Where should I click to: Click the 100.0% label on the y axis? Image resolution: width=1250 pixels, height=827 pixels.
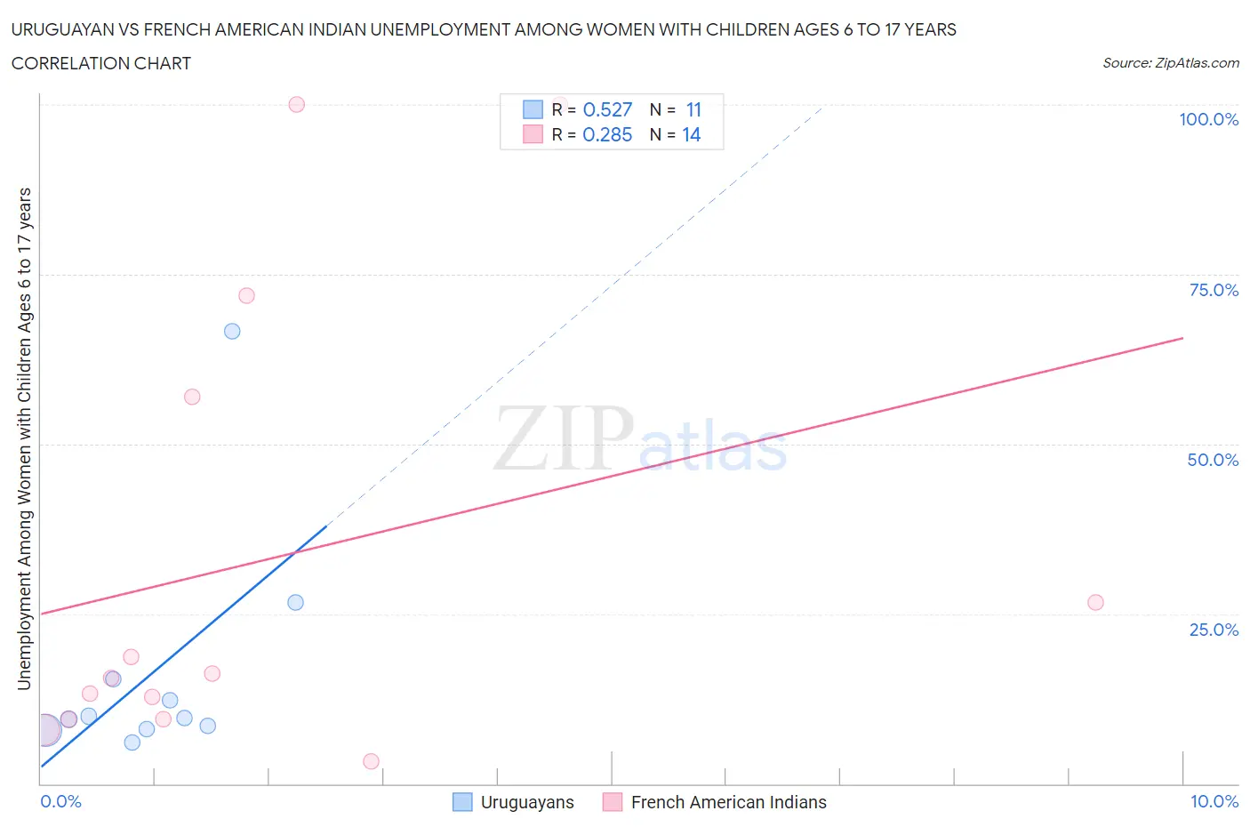(x=1208, y=119)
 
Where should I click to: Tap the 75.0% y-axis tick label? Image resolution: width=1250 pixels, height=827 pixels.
(x=1214, y=290)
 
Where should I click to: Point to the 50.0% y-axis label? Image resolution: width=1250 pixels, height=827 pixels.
(x=1213, y=460)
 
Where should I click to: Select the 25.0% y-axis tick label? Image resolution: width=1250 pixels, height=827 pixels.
(x=1214, y=630)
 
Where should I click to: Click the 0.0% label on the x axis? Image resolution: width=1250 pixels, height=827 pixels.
(x=60, y=801)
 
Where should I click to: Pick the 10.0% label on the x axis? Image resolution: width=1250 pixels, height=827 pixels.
(x=1214, y=801)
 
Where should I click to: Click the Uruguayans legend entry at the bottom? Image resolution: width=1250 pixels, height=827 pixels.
(x=526, y=802)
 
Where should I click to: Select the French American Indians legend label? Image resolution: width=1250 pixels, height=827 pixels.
(x=728, y=802)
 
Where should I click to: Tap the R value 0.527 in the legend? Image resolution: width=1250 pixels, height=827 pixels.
(x=607, y=109)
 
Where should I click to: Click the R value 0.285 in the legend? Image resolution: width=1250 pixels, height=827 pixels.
(x=607, y=134)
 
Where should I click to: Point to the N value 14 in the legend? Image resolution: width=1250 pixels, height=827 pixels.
(x=692, y=134)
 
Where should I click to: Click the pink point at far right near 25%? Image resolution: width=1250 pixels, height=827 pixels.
(x=1095, y=602)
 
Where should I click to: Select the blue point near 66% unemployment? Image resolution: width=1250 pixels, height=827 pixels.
(x=232, y=331)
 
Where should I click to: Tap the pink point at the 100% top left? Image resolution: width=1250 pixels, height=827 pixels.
(x=297, y=104)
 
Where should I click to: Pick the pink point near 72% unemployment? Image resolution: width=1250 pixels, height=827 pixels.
(x=246, y=295)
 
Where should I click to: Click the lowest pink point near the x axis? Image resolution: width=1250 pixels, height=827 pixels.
(x=372, y=761)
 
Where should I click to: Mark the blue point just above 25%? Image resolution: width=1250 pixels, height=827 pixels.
(x=295, y=602)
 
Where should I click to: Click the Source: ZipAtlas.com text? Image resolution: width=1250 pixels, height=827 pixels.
(x=1170, y=63)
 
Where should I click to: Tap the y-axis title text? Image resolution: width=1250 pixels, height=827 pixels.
(x=24, y=438)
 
